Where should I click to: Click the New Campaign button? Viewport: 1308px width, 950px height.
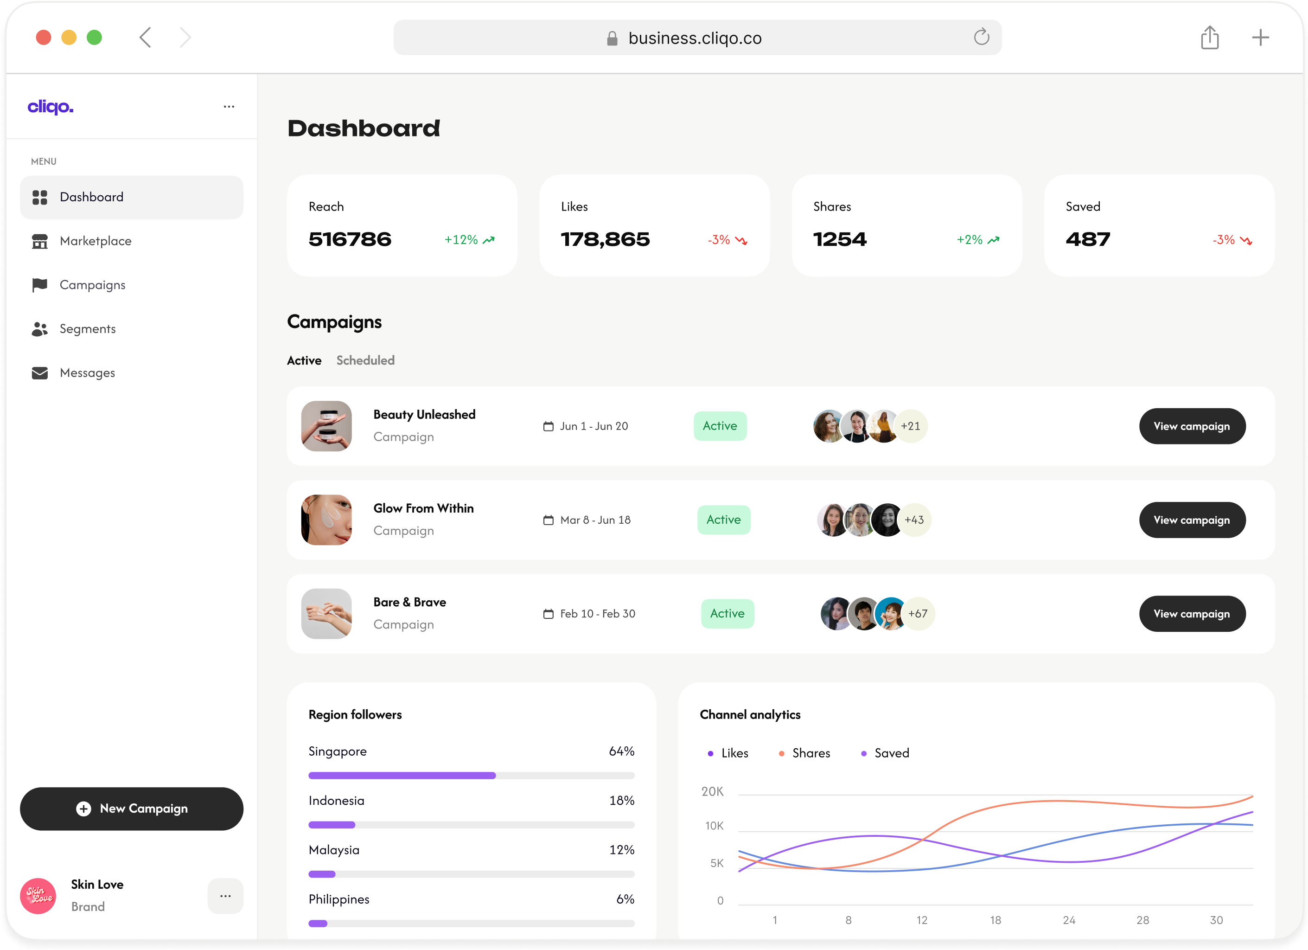click(132, 809)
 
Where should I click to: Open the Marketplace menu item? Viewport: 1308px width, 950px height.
click(95, 241)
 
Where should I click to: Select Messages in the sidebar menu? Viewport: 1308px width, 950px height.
click(87, 372)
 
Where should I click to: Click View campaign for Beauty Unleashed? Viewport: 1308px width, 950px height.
click(1192, 426)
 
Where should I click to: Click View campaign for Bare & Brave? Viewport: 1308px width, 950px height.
click(1192, 614)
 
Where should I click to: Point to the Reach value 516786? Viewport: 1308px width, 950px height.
click(350, 239)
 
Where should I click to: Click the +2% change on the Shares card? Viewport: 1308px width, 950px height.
click(970, 240)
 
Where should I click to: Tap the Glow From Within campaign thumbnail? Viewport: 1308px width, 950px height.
click(326, 520)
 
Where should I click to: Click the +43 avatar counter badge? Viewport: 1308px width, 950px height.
click(914, 520)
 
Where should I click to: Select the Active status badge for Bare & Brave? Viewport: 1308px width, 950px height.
click(727, 614)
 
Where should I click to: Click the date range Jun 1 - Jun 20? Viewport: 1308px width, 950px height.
click(593, 426)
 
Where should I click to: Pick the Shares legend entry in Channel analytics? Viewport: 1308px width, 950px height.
click(810, 753)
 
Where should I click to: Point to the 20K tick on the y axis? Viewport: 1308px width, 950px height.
click(712, 791)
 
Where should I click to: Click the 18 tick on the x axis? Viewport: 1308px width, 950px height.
click(995, 920)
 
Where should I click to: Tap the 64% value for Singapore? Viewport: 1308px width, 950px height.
click(621, 751)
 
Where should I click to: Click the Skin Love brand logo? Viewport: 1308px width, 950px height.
click(38, 896)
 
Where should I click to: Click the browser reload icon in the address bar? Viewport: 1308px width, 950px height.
click(981, 38)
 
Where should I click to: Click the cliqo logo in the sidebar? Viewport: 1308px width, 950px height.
click(51, 107)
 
